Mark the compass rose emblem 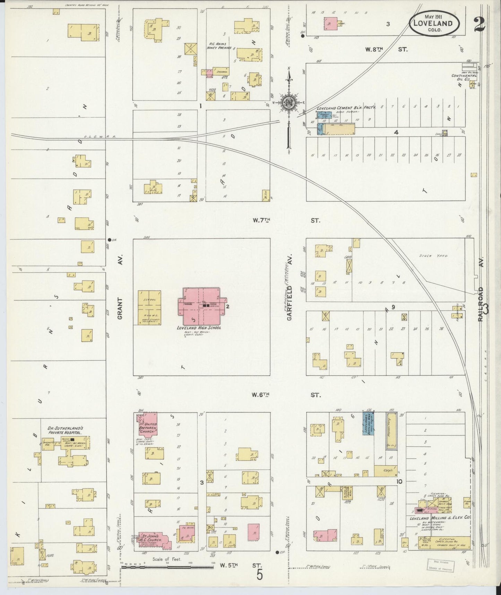(288, 102)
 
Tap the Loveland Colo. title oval (436, 23)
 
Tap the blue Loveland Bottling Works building (368, 423)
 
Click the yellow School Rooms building (149, 308)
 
